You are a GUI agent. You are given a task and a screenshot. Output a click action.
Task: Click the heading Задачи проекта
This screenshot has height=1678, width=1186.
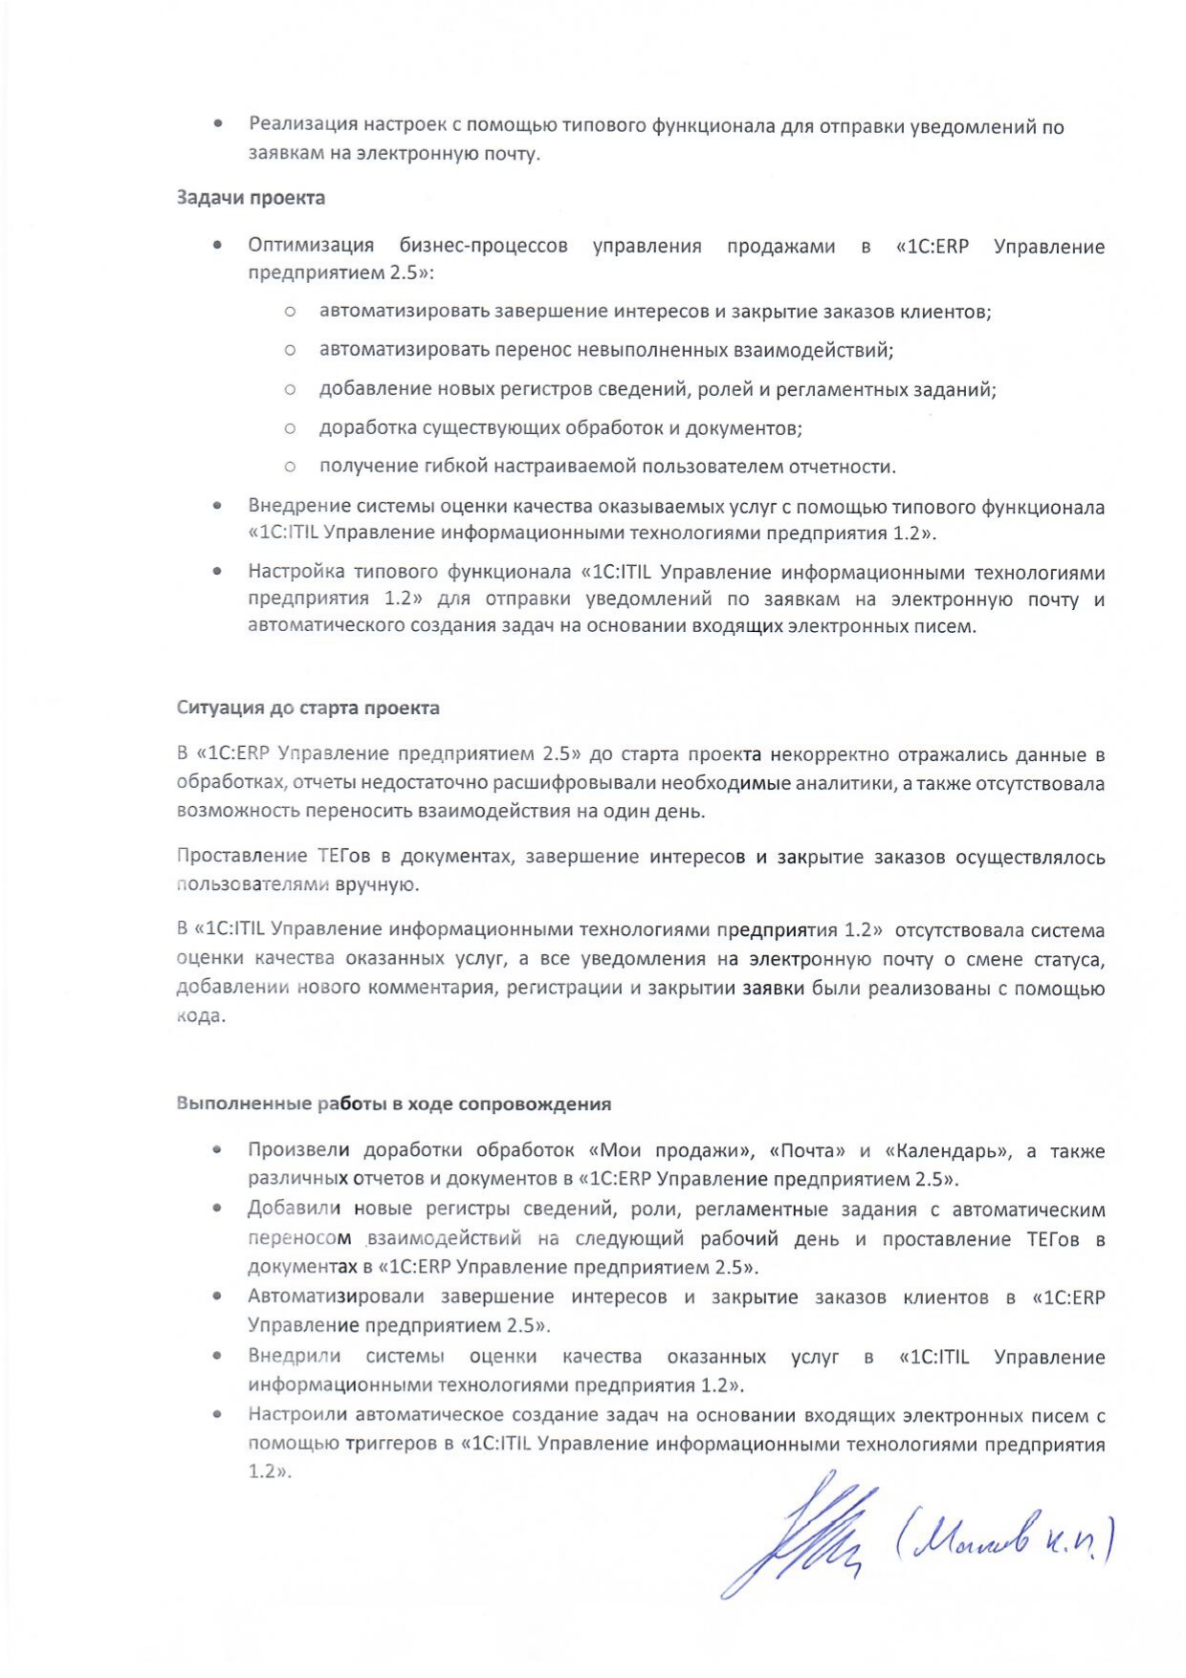click(251, 198)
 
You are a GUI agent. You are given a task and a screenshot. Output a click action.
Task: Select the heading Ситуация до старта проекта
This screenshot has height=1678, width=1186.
click(308, 708)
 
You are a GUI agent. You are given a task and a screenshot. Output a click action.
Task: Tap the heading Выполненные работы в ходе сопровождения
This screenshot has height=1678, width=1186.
click(393, 1104)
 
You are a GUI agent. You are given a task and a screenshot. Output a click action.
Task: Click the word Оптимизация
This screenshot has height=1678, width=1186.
click(311, 247)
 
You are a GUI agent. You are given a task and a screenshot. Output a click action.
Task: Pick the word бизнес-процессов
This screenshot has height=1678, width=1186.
click(483, 247)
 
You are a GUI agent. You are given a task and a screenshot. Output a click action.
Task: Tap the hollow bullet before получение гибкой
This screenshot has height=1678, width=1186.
click(290, 467)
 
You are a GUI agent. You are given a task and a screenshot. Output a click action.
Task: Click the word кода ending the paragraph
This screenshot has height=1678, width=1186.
click(201, 1016)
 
